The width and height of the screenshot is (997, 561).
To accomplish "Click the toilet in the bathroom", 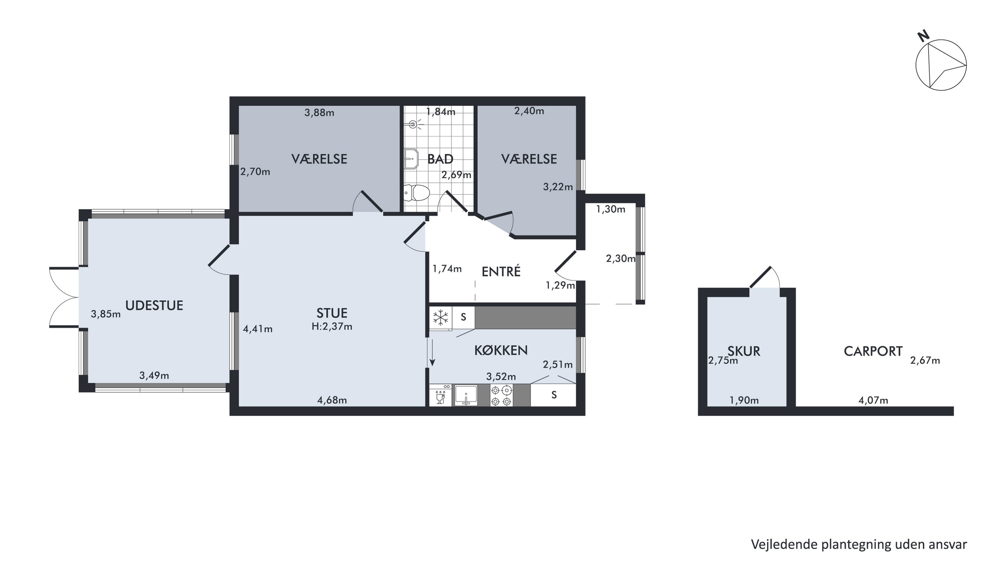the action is coord(417,193).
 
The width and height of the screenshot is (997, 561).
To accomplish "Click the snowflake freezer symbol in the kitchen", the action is coord(440,318).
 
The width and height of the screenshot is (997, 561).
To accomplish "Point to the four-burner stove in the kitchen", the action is coord(501,395).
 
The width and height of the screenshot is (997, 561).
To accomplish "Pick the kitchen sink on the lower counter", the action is coord(466,395).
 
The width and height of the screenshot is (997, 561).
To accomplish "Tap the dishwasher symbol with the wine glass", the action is coord(440,395).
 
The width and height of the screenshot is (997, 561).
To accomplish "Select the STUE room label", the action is coord(332,313).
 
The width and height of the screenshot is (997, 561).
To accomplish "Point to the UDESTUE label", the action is coord(154,306).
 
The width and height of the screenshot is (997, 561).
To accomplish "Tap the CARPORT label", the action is coord(873,351).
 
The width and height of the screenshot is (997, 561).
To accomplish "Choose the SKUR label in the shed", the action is coord(744,351).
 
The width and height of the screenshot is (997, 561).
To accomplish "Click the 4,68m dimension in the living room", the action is coord(332,400).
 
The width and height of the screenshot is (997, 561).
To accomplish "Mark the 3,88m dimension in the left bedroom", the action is coord(319,113).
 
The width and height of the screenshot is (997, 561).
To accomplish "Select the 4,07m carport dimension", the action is coord(873,400).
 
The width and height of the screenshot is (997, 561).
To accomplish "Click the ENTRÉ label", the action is coord(501,271).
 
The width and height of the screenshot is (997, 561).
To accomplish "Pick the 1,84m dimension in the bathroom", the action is coord(441,112).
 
